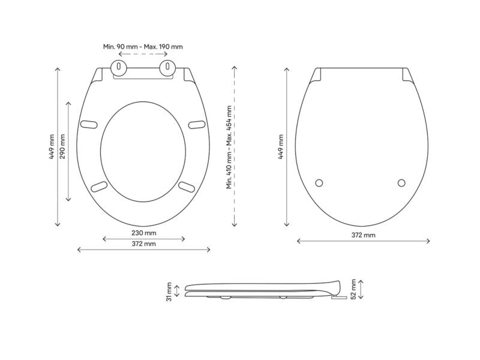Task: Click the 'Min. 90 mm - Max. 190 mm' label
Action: point(143,47)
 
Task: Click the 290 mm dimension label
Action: point(62,146)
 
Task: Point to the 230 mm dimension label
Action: point(144,233)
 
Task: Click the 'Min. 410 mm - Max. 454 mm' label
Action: point(229,147)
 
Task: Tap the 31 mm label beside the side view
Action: point(169,292)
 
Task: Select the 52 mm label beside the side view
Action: point(353,289)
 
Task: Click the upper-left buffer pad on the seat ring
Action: point(89,124)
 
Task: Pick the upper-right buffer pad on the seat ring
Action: point(197,125)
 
